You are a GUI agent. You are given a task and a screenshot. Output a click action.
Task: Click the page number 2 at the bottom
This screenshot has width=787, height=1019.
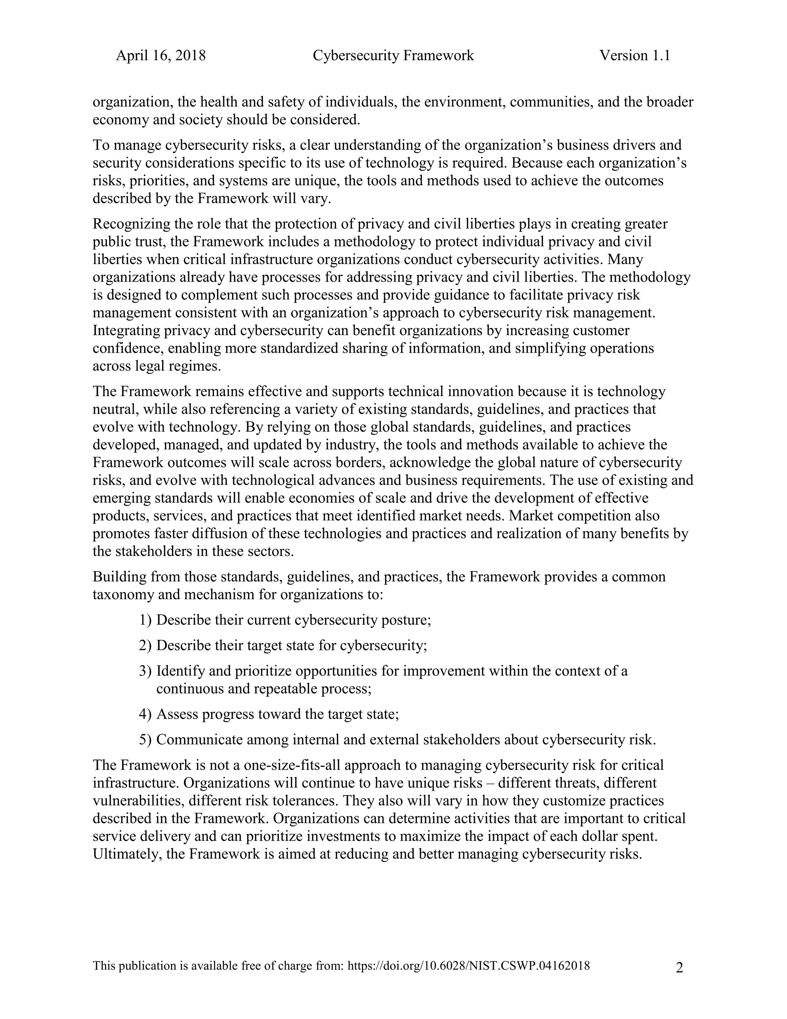click(x=679, y=968)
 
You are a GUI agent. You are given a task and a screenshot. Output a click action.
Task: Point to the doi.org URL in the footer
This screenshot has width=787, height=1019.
click(x=468, y=966)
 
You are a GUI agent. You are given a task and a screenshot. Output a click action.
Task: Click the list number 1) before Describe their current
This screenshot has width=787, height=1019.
click(x=146, y=620)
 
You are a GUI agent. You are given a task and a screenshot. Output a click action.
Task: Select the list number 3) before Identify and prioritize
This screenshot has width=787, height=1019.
click(x=146, y=671)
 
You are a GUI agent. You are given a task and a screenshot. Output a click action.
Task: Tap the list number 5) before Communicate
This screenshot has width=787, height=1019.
click(x=146, y=739)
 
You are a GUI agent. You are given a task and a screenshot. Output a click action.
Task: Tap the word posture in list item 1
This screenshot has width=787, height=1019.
click(x=406, y=620)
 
